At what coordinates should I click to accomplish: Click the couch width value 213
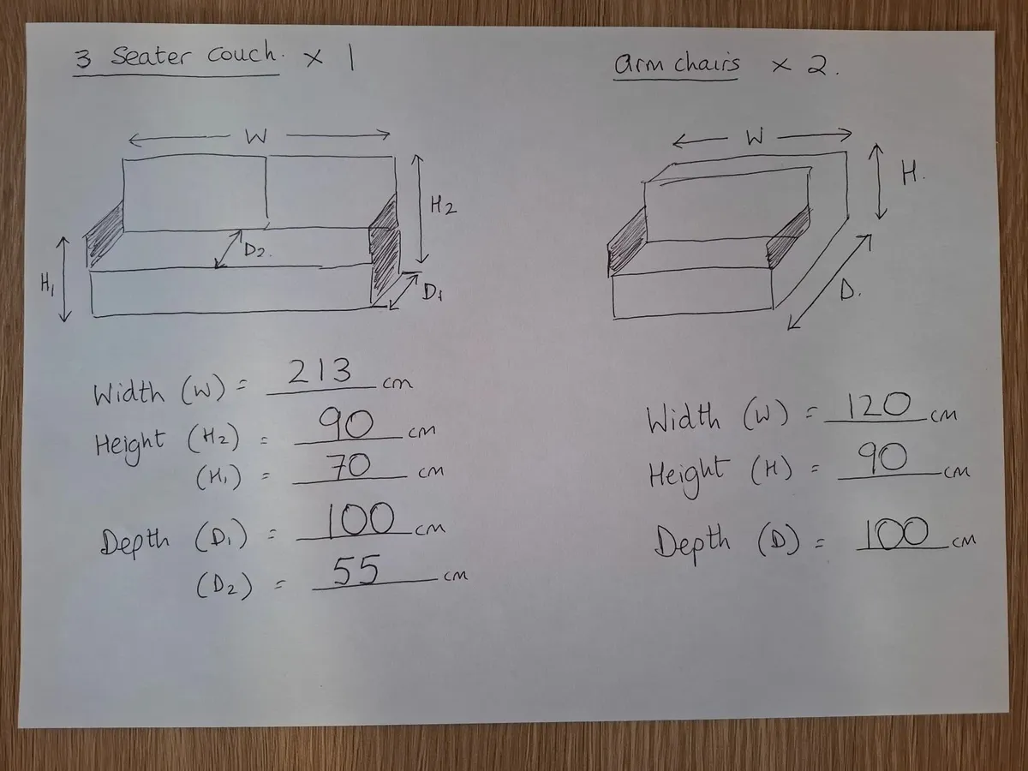coord(320,371)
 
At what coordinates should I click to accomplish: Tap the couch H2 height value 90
coord(346,424)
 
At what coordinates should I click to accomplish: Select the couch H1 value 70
coord(348,466)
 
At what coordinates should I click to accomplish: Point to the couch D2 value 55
coord(356,571)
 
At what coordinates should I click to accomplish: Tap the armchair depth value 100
coord(895,533)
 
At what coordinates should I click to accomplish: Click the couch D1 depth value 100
coord(360,519)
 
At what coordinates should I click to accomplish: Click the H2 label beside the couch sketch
coord(443,206)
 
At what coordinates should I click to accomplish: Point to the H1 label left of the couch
coord(47,284)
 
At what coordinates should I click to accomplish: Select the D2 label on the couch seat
coord(255,250)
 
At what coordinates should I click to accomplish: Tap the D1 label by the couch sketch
coord(433,293)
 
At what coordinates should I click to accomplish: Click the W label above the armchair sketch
coord(755,137)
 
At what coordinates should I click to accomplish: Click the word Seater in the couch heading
coord(151,57)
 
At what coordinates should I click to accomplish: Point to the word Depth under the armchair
coord(692,542)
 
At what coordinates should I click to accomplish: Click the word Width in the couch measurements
coord(128,394)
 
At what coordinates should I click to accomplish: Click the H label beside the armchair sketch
coord(911,175)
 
